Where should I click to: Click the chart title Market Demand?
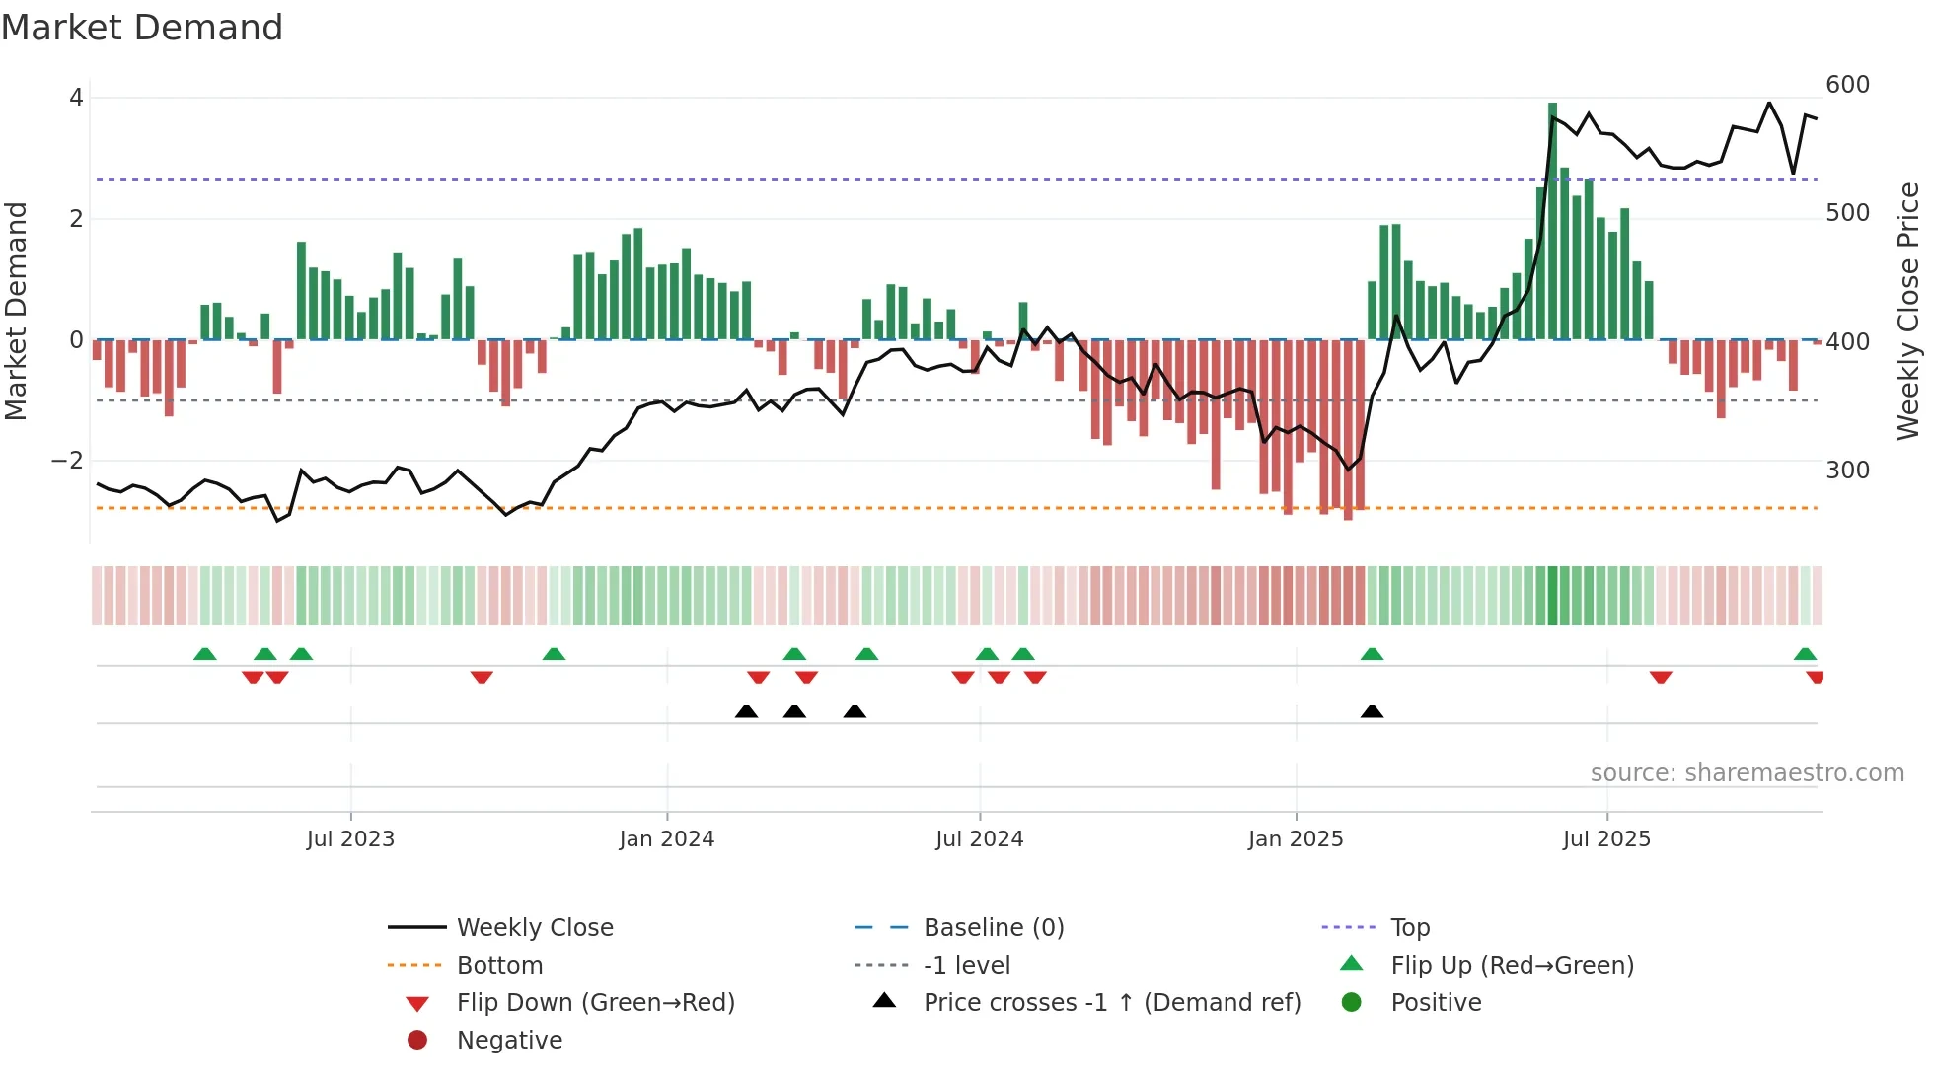click(x=142, y=28)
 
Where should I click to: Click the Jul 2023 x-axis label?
click(x=350, y=839)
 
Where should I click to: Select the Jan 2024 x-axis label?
click(x=666, y=839)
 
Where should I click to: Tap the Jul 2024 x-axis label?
click(x=979, y=839)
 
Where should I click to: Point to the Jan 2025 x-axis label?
click(x=1295, y=839)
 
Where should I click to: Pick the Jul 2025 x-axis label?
click(x=1606, y=839)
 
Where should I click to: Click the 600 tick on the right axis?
click(x=1847, y=85)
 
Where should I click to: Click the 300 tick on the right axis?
click(x=1847, y=471)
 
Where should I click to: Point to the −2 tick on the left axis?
click(x=67, y=461)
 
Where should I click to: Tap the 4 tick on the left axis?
click(x=76, y=98)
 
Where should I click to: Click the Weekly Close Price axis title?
click(x=1908, y=311)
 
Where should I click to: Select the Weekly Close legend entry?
click(x=534, y=928)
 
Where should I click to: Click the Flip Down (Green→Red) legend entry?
click(x=595, y=1003)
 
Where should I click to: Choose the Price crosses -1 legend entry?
click(x=1111, y=1003)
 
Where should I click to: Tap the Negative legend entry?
click(x=509, y=1041)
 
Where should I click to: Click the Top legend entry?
click(x=1409, y=928)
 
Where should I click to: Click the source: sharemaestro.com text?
click(x=1747, y=773)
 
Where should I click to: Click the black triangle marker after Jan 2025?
click(x=1372, y=712)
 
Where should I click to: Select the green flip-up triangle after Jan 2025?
click(x=1372, y=654)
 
